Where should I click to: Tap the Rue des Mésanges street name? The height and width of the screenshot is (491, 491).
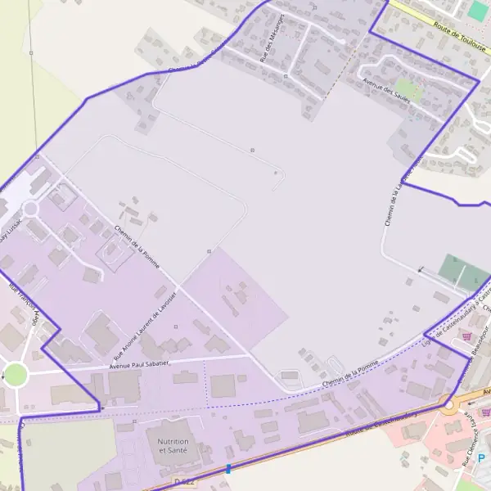point(271,38)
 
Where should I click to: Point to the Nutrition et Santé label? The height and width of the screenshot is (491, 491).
point(173,446)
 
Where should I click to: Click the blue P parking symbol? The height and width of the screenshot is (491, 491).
point(481,458)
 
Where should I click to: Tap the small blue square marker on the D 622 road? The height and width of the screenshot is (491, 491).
point(228,469)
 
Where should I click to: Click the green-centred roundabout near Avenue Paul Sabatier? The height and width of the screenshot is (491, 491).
point(15,375)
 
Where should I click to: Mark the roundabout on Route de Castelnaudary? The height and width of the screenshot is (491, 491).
point(448,404)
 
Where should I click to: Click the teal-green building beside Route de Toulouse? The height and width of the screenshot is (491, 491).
point(478,10)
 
